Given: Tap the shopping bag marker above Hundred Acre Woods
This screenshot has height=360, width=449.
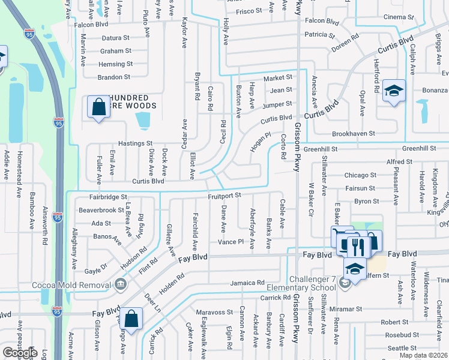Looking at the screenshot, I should coord(98,108).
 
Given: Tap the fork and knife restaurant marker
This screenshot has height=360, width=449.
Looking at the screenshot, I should coord(356,245).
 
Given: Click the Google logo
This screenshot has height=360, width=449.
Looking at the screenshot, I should coord(19,353).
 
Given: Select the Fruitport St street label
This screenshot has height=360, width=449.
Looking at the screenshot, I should coord(224,195).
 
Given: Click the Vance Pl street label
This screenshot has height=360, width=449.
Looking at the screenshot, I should coord(231,242).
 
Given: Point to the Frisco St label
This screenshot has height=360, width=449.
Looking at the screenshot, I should coord(249,11).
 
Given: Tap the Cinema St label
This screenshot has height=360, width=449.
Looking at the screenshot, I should coord(399,17).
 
